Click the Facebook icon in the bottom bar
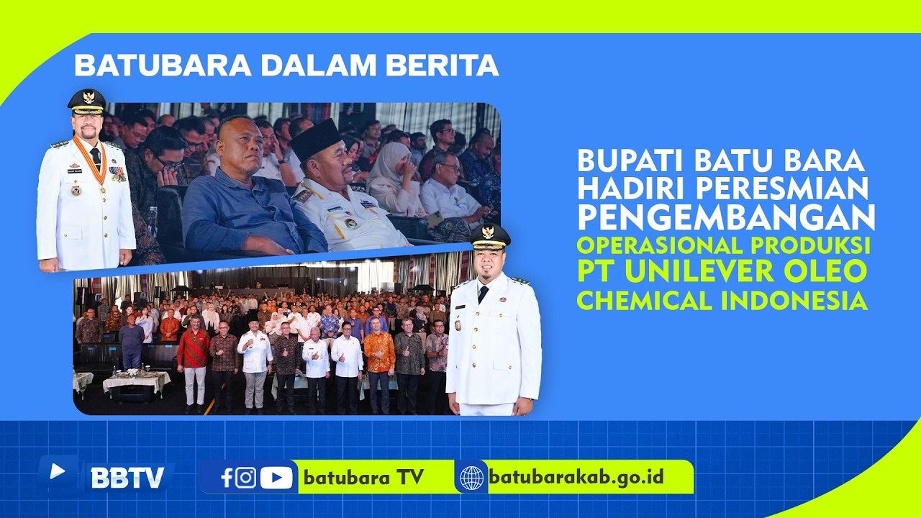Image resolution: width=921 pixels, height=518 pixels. pyautogui.click(x=227, y=478)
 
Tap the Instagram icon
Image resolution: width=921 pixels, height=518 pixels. pyautogui.click(x=245, y=478)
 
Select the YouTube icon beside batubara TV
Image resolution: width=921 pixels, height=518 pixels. pyautogui.click(x=276, y=478)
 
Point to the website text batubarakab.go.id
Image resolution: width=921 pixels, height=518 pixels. pyautogui.click(x=576, y=477)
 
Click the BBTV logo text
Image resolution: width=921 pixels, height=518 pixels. pyautogui.click(x=127, y=477)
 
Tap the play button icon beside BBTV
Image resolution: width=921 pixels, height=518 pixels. pyautogui.click(x=57, y=471)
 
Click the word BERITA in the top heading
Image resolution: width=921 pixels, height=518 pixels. pyautogui.click(x=443, y=65)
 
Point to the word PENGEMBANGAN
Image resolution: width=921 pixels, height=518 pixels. pyautogui.click(x=726, y=217)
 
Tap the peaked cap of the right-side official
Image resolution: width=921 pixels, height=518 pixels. pyautogui.click(x=490, y=237)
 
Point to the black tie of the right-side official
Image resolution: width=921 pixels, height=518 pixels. pyautogui.click(x=483, y=294)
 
